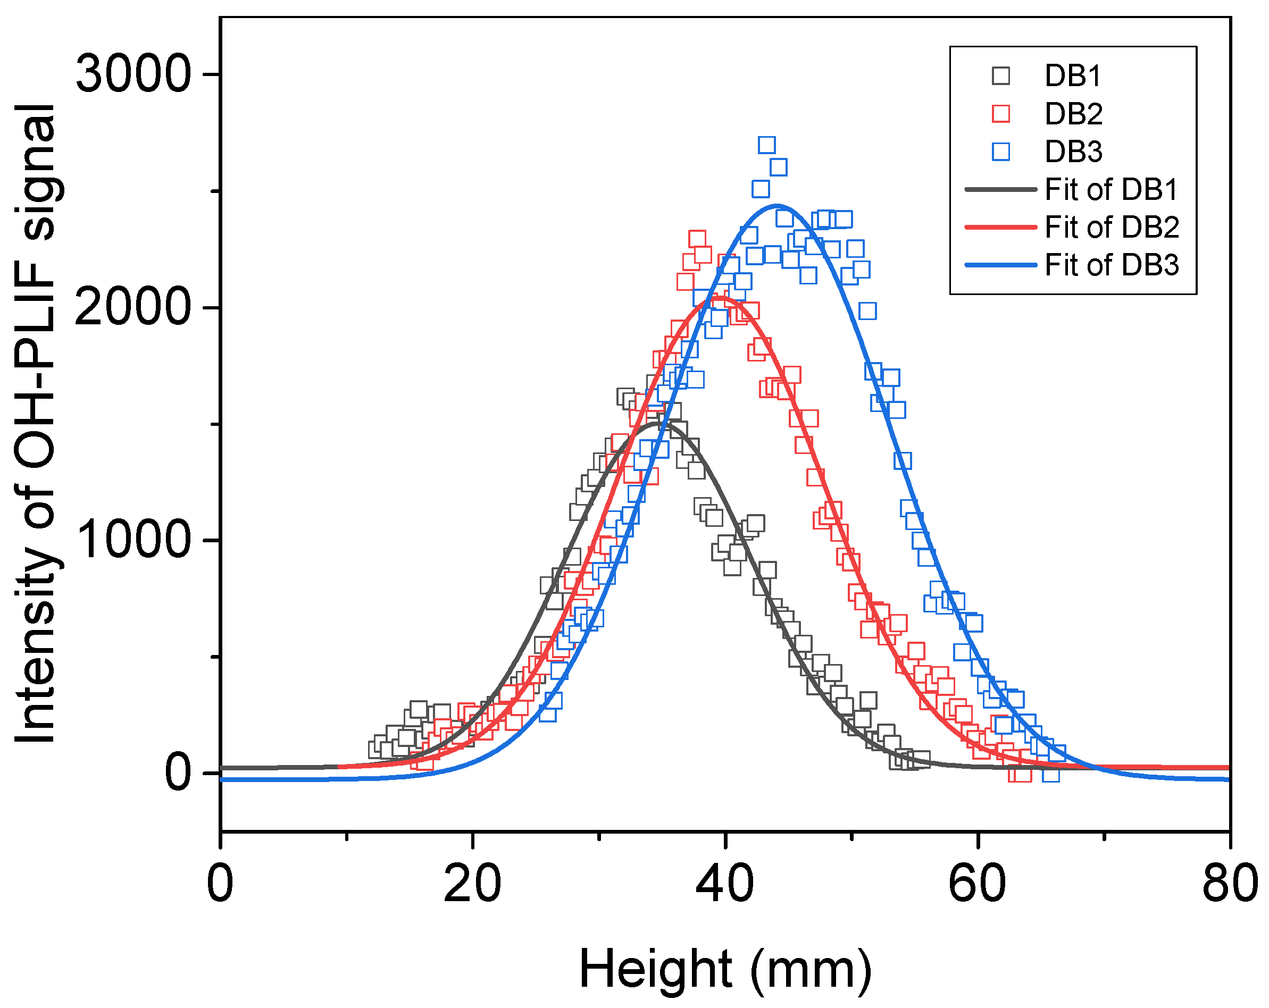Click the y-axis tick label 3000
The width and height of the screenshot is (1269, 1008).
[133, 75]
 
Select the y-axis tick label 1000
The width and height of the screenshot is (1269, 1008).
[133, 541]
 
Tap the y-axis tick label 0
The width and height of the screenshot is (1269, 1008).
[178, 773]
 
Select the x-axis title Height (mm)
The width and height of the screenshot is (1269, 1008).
[724, 969]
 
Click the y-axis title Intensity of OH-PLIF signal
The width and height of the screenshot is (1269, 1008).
[37, 424]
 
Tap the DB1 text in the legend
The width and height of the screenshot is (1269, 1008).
[1072, 76]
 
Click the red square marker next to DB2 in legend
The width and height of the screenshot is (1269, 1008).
[1000, 114]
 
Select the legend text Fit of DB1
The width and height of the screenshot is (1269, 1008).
[1111, 189]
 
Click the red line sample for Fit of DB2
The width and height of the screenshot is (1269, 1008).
[1000, 227]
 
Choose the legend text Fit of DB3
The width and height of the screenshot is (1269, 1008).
[1111, 265]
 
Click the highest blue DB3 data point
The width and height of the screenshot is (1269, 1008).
[766, 145]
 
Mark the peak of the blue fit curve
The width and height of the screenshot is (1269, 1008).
[777, 206]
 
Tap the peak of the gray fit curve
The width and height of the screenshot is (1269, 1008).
[656, 423]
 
